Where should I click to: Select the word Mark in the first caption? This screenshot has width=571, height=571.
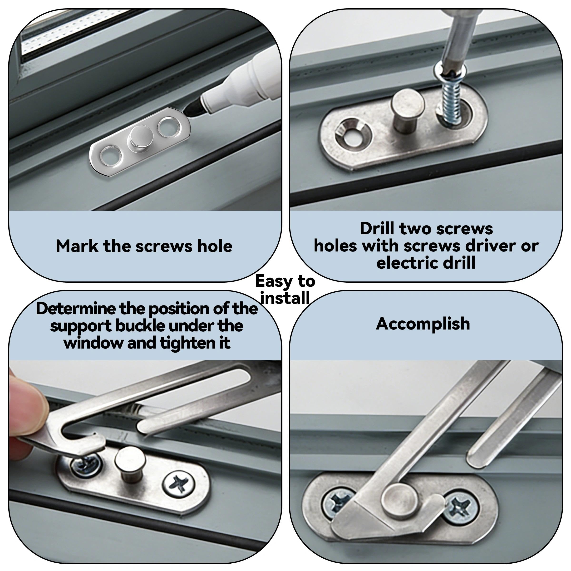tap(77, 246)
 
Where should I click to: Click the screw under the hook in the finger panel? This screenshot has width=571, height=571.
tap(86, 466)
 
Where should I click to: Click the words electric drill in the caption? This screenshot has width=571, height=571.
tap(426, 262)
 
